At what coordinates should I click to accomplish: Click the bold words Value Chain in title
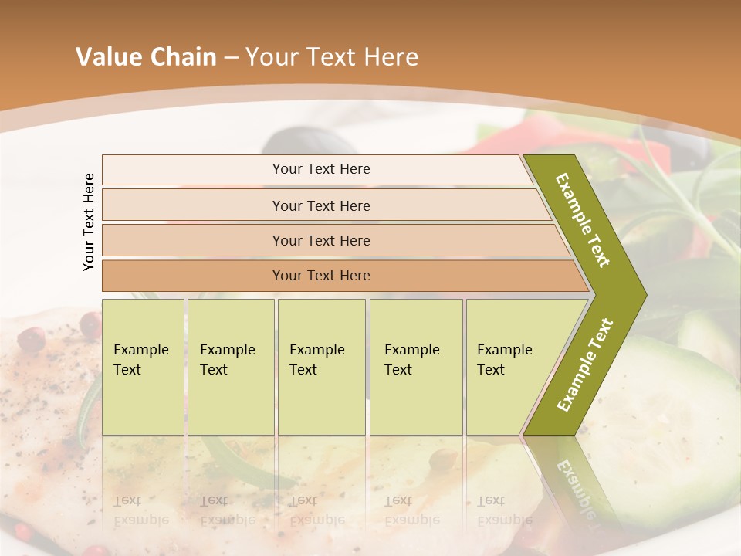coord(146,57)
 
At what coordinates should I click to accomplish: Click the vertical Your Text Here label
coord(90,222)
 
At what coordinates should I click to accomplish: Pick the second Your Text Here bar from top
coord(321,205)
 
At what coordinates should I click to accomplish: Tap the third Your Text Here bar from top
coord(321,240)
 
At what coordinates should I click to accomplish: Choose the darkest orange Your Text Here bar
coord(321,276)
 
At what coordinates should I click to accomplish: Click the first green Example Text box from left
coord(143,366)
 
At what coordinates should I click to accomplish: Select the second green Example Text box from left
coord(230,366)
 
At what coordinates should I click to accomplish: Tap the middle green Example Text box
coord(321,366)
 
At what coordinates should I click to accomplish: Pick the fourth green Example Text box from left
coord(416,366)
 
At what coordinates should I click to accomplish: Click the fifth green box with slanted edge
coord(509,366)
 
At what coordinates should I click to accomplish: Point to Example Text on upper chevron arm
coord(583,220)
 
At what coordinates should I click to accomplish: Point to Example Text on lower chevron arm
coord(585,364)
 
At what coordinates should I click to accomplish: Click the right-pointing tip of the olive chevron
coord(642,295)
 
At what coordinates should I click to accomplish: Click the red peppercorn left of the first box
coord(32,338)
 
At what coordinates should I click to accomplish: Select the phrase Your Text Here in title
coord(332,57)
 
